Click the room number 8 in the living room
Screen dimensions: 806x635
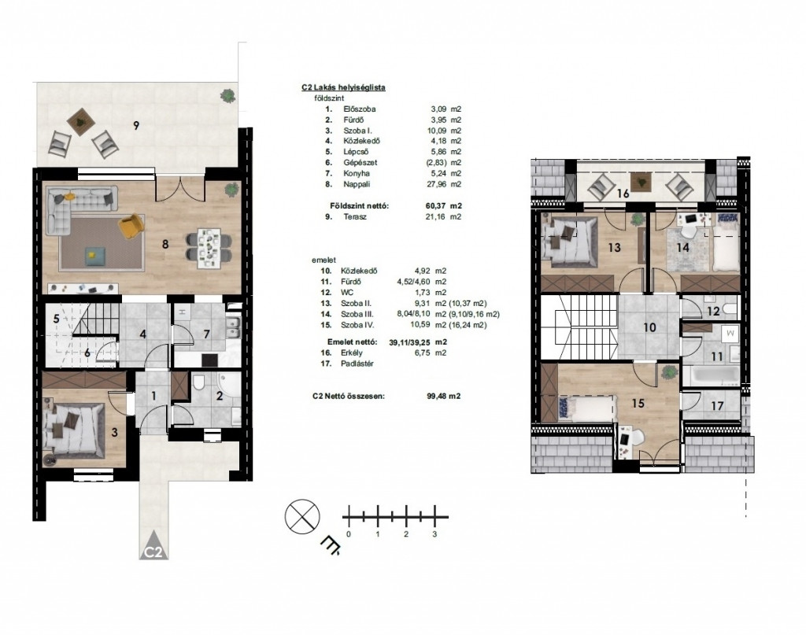(165, 244)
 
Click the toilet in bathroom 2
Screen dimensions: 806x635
(199, 382)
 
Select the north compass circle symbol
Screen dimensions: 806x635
(302, 516)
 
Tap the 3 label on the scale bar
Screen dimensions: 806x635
(434, 534)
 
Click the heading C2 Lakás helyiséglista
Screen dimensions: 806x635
(343, 88)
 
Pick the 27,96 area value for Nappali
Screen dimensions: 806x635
(438, 184)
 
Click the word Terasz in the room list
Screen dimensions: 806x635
(355, 217)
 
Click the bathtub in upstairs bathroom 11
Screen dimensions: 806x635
(715, 375)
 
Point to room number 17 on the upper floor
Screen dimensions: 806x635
(717, 406)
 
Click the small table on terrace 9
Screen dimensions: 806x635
(81, 122)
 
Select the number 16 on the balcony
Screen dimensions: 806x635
(623, 194)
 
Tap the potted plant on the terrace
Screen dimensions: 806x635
(227, 95)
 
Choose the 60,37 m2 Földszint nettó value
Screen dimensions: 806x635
(440, 206)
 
